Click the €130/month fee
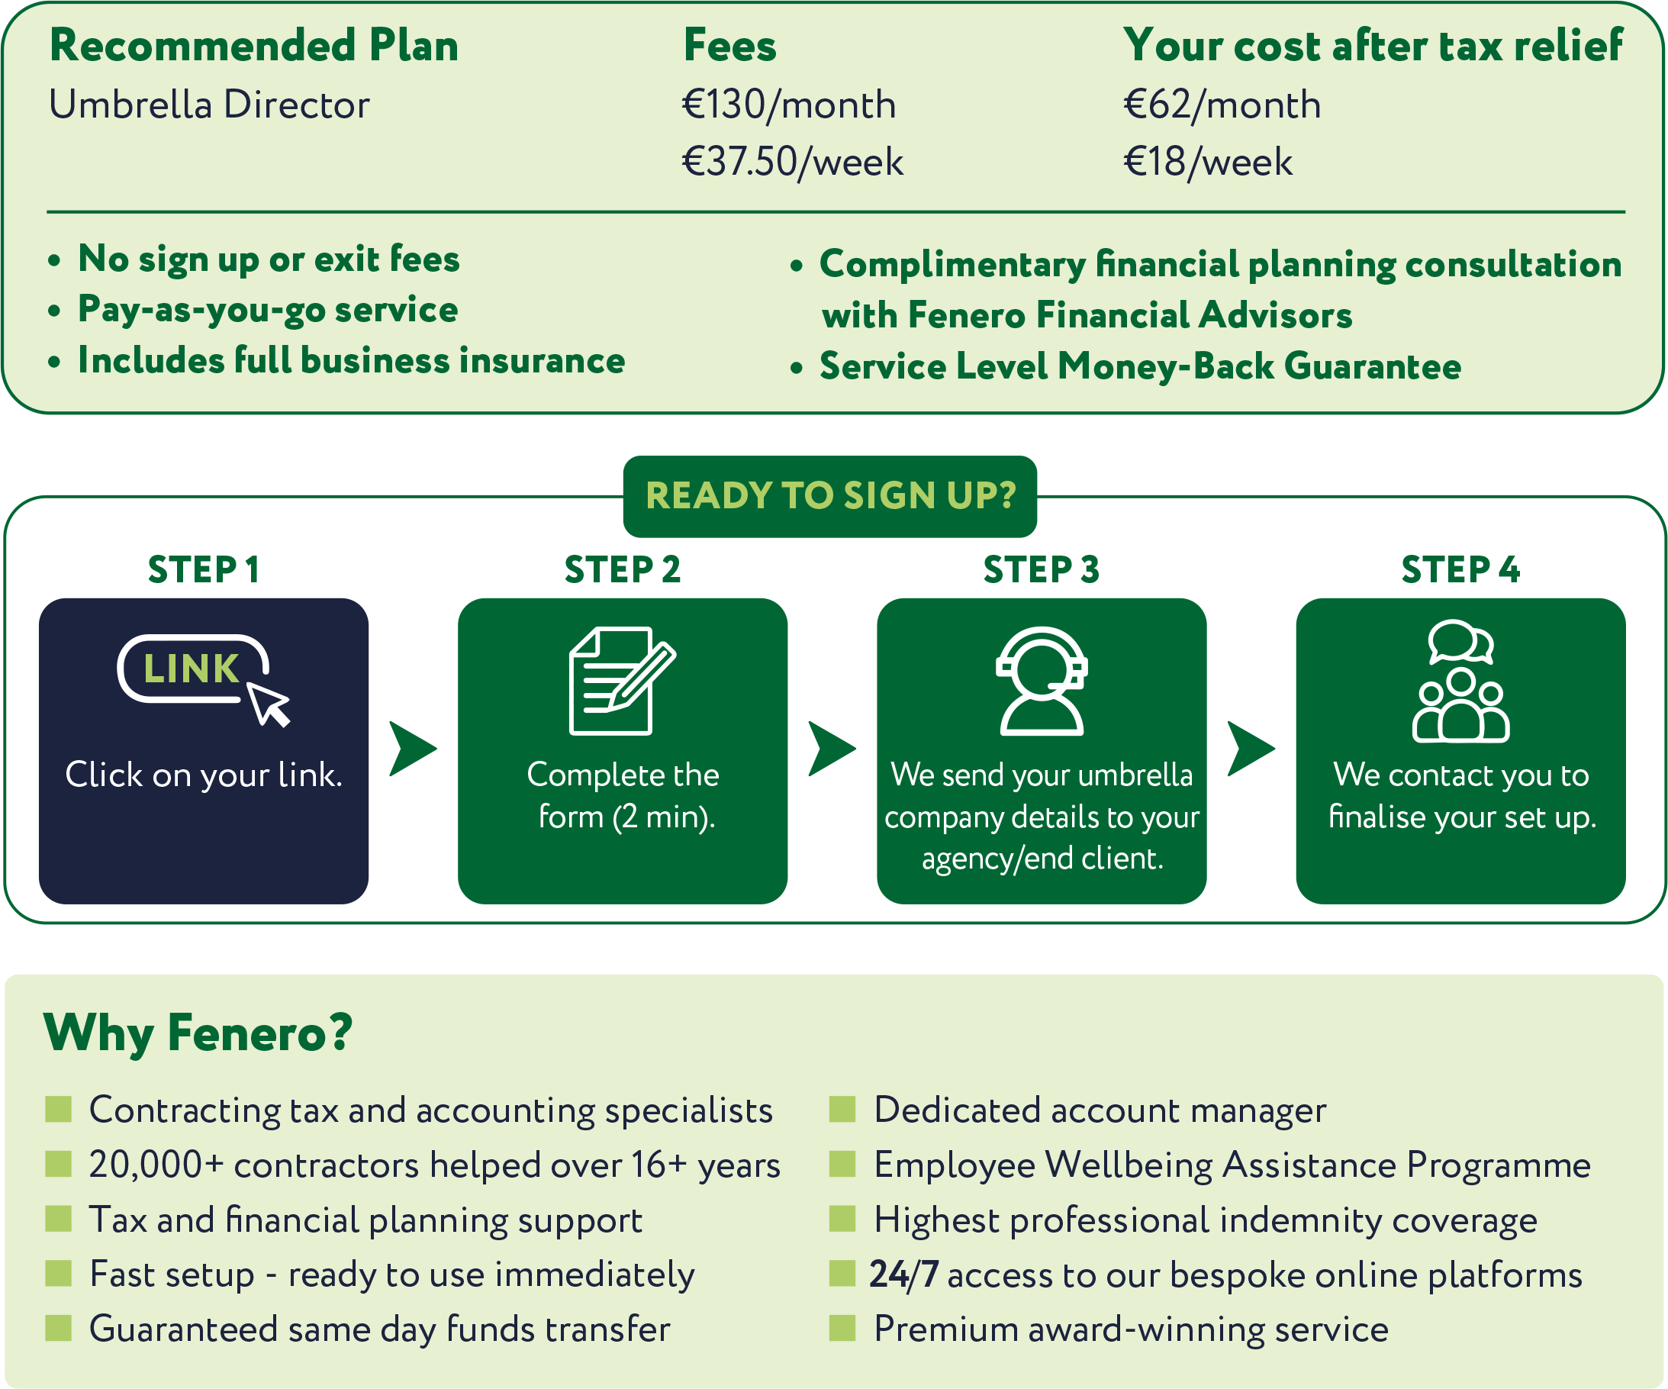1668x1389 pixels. point(789,105)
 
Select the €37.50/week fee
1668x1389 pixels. point(792,162)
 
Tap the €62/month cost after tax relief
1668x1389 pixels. point(1222,105)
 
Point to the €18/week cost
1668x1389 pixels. point(1207,162)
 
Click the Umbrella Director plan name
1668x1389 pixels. point(210,105)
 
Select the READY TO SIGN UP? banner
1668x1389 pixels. point(830,496)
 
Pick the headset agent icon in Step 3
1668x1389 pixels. point(1042,682)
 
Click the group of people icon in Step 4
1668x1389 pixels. point(1460,682)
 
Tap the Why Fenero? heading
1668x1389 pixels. point(198,1033)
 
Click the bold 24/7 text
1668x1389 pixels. point(904,1275)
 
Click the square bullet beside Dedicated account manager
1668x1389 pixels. point(842,1110)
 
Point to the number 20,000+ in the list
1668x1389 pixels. point(156,1165)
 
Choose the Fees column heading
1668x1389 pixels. point(730,45)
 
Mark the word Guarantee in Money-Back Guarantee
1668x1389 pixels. point(1372,366)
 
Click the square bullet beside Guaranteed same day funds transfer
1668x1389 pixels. point(59,1328)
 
